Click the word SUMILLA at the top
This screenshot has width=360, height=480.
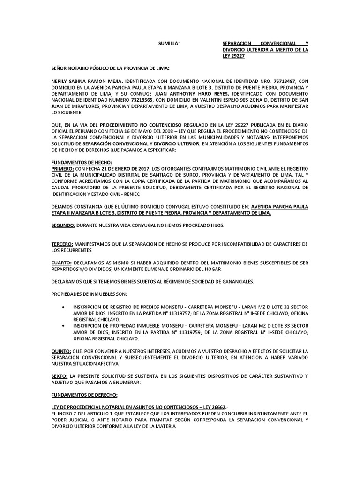[169, 43]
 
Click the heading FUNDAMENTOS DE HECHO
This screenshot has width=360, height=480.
[82, 162]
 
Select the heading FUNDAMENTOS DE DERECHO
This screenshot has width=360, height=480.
[84, 395]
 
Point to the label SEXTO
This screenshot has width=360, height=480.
[60, 376]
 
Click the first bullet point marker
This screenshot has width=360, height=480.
[63, 307]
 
